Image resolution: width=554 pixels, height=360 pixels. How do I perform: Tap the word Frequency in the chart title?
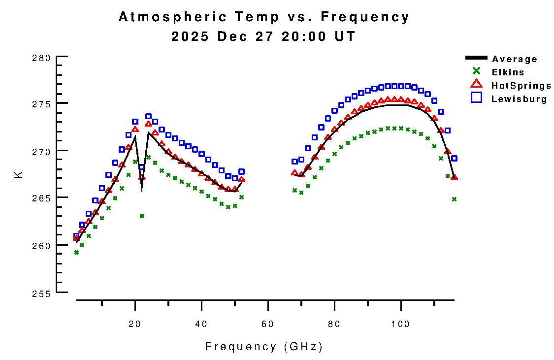coord(364,17)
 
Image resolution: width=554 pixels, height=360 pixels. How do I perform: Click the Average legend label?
coord(514,59)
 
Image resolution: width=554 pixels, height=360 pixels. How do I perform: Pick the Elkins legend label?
coord(508,72)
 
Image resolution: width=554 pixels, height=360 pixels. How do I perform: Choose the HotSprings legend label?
coord(521,86)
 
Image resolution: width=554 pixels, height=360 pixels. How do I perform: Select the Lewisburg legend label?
coord(519,99)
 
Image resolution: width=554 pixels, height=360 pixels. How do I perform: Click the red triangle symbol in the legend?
coord(476,85)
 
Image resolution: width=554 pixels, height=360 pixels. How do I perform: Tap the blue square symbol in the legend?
coord(476,98)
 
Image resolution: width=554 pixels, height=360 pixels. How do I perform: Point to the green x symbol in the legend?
coord(476,71)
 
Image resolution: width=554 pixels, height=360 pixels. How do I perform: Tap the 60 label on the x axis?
coord(268,324)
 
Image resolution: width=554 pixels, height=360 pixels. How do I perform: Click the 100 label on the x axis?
coord(401,324)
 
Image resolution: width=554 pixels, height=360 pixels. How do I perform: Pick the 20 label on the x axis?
coord(134,324)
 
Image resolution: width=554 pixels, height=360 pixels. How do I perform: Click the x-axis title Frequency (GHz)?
coord(264,347)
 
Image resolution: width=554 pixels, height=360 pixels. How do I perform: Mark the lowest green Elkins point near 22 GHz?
coord(142,216)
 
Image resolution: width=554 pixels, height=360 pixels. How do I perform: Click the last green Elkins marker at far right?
coord(454,199)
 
